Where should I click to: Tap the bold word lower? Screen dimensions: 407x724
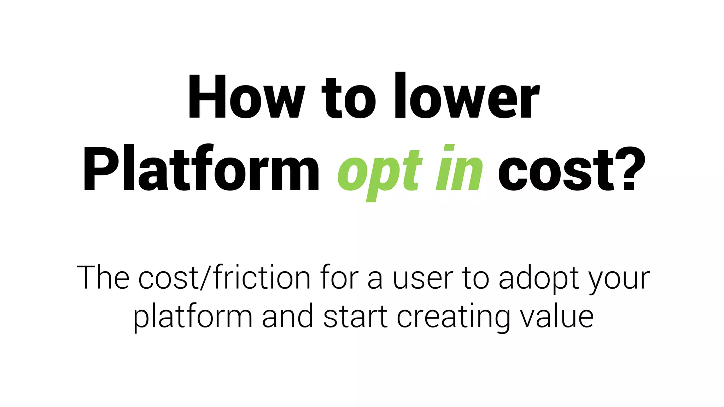467,96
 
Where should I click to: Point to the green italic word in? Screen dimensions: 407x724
459,168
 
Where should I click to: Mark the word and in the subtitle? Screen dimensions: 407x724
288,316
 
